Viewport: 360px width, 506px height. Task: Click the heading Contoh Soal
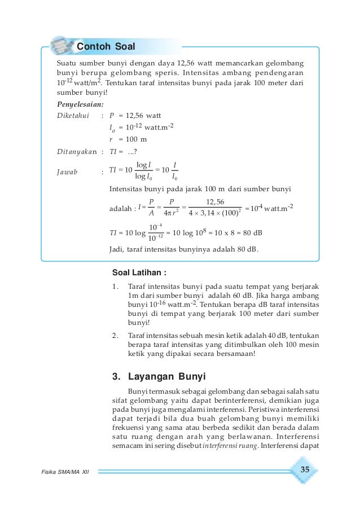click(106, 46)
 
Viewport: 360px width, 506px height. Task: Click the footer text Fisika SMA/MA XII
click(65, 471)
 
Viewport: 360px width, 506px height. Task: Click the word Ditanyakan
click(78, 151)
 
